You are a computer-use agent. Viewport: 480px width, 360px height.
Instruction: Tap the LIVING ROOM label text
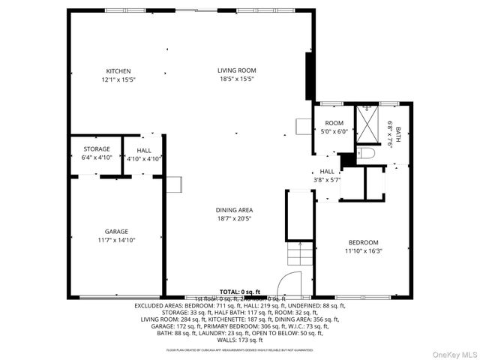point(237,70)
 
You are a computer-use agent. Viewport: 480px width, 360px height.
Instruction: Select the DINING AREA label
point(235,210)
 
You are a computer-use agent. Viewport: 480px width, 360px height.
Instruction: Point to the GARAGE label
point(116,232)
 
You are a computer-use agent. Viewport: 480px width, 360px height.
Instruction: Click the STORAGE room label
point(96,149)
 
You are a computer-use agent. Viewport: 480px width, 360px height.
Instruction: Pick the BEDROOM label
point(363,242)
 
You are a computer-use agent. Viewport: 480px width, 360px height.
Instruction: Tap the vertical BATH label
point(398,134)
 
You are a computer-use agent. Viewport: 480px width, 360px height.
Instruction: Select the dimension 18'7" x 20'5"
point(235,219)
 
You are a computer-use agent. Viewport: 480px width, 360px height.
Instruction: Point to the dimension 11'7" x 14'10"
point(116,240)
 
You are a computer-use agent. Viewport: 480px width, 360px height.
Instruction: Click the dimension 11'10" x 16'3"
point(363,251)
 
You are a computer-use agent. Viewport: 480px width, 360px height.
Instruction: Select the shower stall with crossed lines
point(367,124)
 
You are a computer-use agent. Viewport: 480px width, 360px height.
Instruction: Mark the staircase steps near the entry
point(298,259)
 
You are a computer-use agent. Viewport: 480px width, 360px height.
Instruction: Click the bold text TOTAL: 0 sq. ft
point(240,291)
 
